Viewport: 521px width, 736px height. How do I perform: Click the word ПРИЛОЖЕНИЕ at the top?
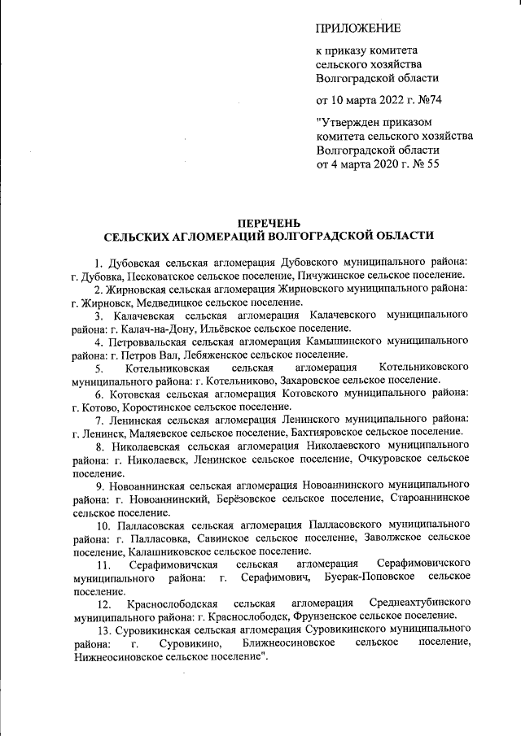(x=357, y=29)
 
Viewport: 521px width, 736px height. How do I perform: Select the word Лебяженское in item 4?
(x=204, y=354)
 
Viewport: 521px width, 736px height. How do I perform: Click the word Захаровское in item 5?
(x=317, y=380)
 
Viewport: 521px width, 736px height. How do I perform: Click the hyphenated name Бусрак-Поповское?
(x=369, y=577)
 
